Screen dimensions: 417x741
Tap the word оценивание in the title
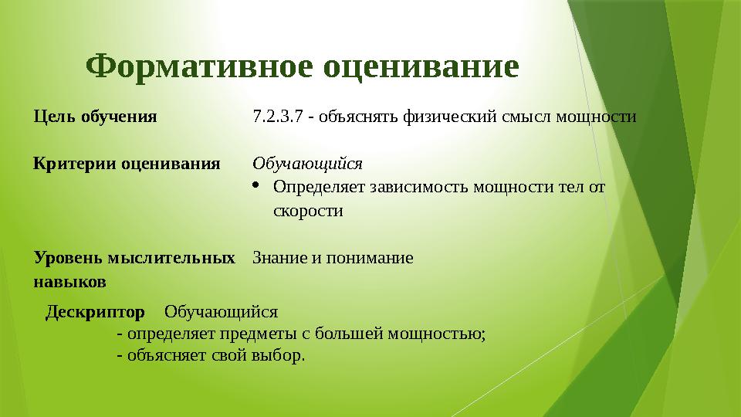[x=420, y=68]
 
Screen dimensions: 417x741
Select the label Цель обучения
[x=95, y=117]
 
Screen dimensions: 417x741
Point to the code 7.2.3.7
[x=277, y=117]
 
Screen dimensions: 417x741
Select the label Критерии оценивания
[x=127, y=164]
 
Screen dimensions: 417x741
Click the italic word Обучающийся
[x=307, y=164]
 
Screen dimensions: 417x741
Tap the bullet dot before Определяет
[x=258, y=186]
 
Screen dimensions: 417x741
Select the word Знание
[x=279, y=257]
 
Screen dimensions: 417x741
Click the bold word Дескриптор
[x=95, y=312]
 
